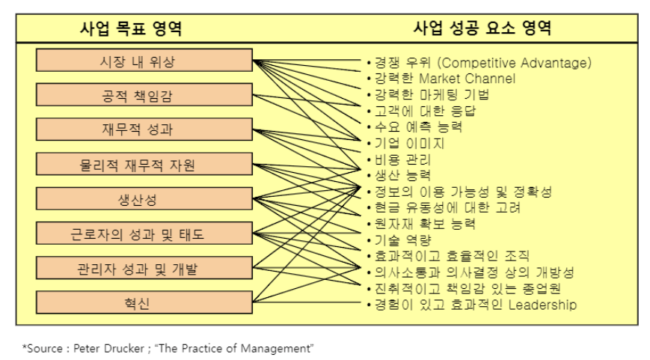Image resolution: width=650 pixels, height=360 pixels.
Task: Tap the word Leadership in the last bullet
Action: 542,305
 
